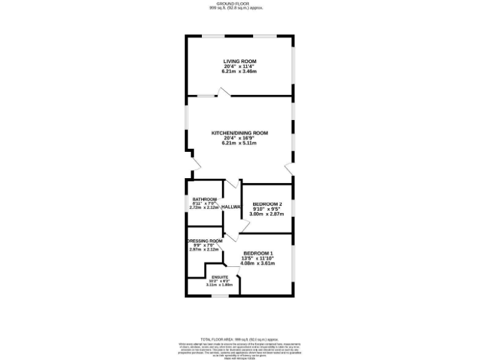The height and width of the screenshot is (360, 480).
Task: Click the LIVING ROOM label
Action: tap(240, 61)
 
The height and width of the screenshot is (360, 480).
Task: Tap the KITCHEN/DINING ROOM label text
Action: tap(240, 133)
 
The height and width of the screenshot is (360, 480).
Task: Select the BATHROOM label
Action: tap(204, 199)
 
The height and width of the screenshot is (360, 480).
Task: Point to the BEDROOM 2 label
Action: tap(267, 204)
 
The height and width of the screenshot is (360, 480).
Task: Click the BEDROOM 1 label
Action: tap(258, 253)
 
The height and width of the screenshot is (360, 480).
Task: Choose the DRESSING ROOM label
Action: tap(204, 241)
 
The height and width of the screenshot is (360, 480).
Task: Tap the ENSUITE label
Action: tap(219, 277)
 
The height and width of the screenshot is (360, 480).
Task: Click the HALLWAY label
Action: tap(231, 207)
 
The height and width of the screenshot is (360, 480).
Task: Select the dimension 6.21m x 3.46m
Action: tap(240, 71)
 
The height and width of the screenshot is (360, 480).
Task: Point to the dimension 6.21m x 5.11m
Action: tap(240, 143)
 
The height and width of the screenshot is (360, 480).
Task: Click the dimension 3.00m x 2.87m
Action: tap(267, 214)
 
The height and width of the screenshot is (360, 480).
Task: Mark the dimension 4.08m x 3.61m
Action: tap(258, 263)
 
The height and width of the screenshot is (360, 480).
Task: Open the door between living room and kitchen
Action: tap(223, 92)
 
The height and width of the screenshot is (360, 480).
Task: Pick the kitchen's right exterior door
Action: tap(289, 169)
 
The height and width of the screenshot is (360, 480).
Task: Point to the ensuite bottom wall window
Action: tap(219, 296)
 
